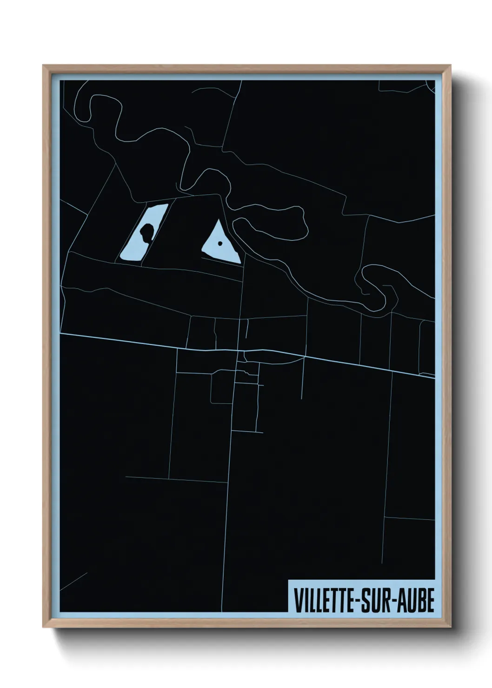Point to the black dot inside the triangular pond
coord(219,243)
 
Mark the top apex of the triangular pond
coord(216,222)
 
